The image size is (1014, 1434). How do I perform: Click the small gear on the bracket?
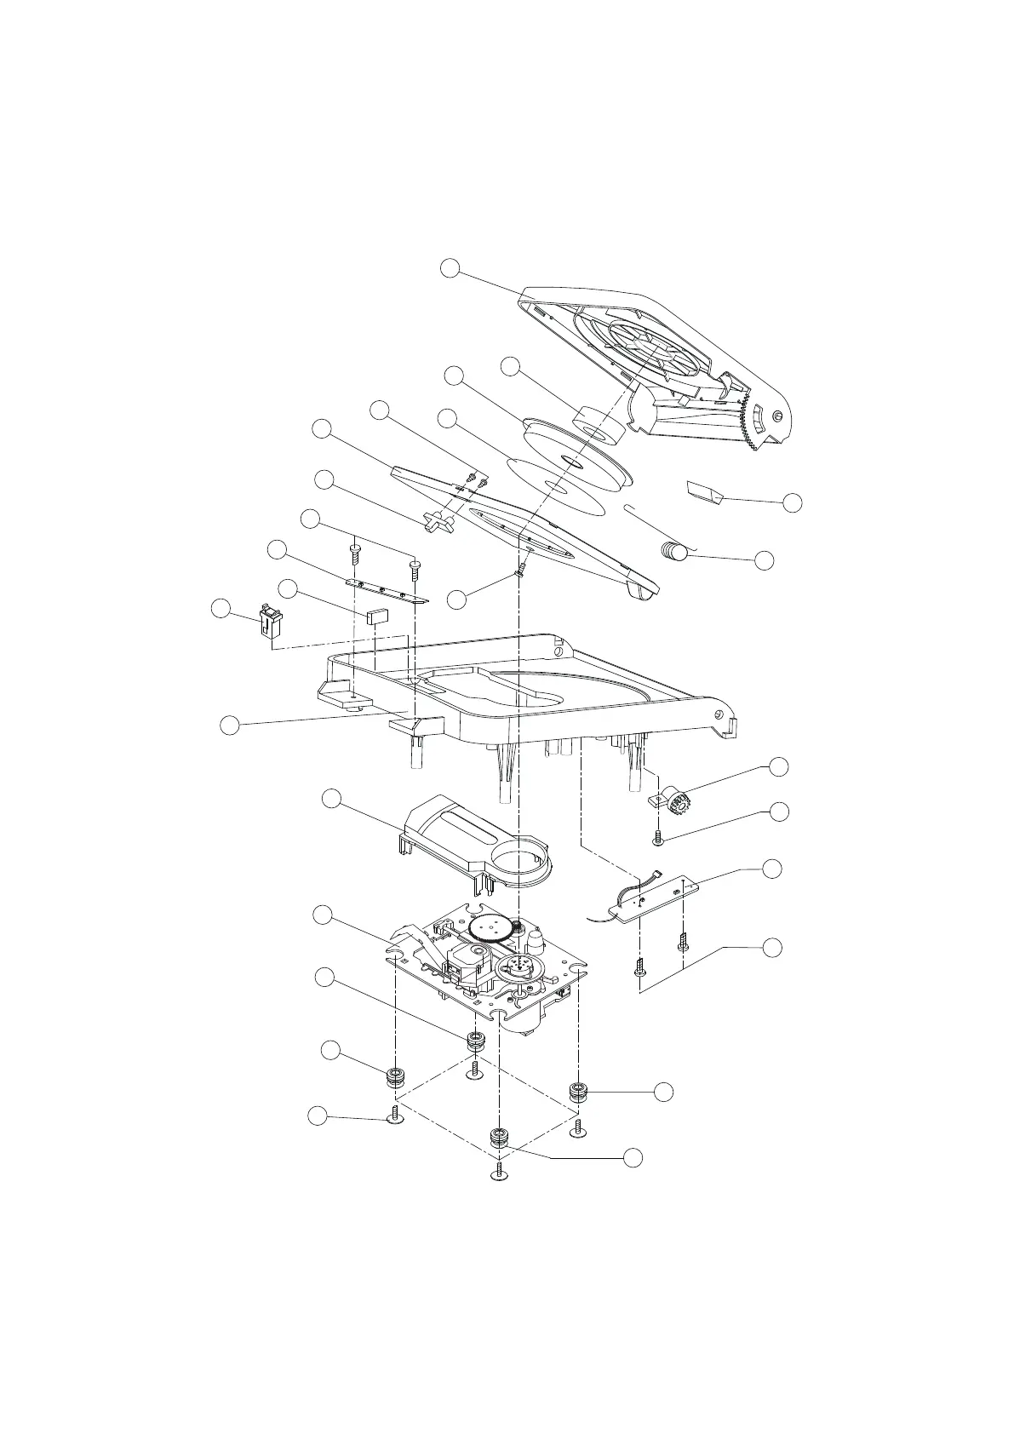tap(680, 802)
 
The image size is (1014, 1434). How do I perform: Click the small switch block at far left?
tap(271, 622)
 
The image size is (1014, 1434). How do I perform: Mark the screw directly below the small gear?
tap(658, 839)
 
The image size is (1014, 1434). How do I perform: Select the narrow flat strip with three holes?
tap(387, 590)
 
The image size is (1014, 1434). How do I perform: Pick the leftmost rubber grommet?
tap(394, 1076)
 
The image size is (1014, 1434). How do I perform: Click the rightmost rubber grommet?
tap(580, 1091)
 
